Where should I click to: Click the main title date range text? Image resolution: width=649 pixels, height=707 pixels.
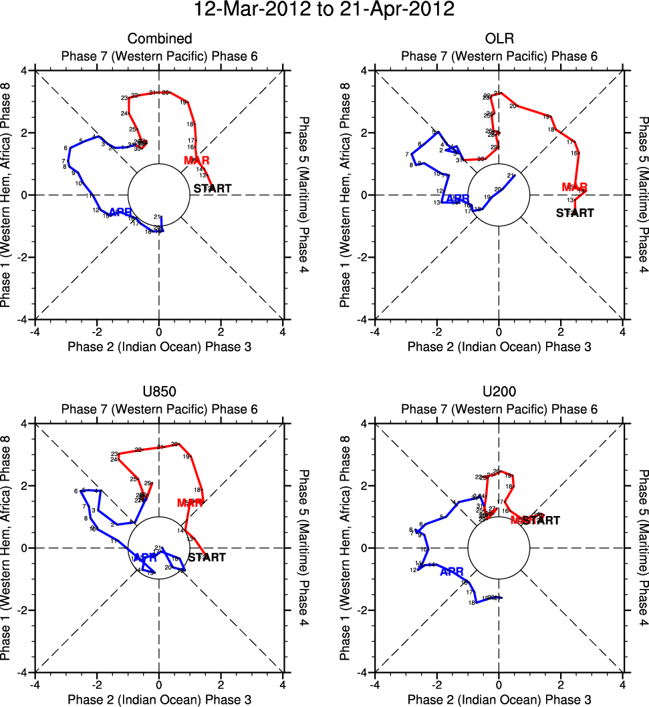pyautogui.click(x=324, y=10)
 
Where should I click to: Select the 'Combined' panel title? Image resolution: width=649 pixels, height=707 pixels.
pyautogui.click(x=159, y=39)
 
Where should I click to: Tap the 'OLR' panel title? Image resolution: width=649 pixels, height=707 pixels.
pyautogui.click(x=499, y=39)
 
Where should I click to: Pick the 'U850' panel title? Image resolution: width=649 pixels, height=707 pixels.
pyautogui.click(x=159, y=392)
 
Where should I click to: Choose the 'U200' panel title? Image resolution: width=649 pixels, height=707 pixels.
pyautogui.click(x=499, y=392)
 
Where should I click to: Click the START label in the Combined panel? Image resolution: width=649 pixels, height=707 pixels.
pyautogui.click(x=213, y=188)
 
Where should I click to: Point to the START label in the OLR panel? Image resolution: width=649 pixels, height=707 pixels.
pyautogui.click(x=575, y=213)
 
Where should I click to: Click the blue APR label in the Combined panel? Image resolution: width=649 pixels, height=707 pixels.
pyautogui.click(x=120, y=212)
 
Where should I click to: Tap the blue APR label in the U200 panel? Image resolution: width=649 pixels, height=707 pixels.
pyautogui.click(x=452, y=571)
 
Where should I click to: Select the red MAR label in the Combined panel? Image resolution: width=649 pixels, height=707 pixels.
pyautogui.click(x=197, y=160)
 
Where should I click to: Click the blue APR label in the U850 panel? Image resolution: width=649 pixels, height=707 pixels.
pyautogui.click(x=145, y=557)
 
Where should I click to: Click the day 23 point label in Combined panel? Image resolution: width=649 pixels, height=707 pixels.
pyautogui.click(x=124, y=98)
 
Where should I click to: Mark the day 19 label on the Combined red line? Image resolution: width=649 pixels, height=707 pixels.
pyautogui.click(x=183, y=102)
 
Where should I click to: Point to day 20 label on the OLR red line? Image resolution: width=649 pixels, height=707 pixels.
pyautogui.click(x=513, y=106)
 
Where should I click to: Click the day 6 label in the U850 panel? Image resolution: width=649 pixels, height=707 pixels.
pyautogui.click(x=76, y=491)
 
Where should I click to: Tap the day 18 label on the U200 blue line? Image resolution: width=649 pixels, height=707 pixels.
pyautogui.click(x=472, y=603)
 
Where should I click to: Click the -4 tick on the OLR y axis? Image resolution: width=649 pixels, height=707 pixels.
pyautogui.click(x=361, y=320)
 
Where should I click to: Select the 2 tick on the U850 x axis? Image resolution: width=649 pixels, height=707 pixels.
pyautogui.click(x=221, y=684)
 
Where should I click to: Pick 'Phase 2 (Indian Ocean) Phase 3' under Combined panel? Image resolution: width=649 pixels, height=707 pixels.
pyautogui.click(x=159, y=346)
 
